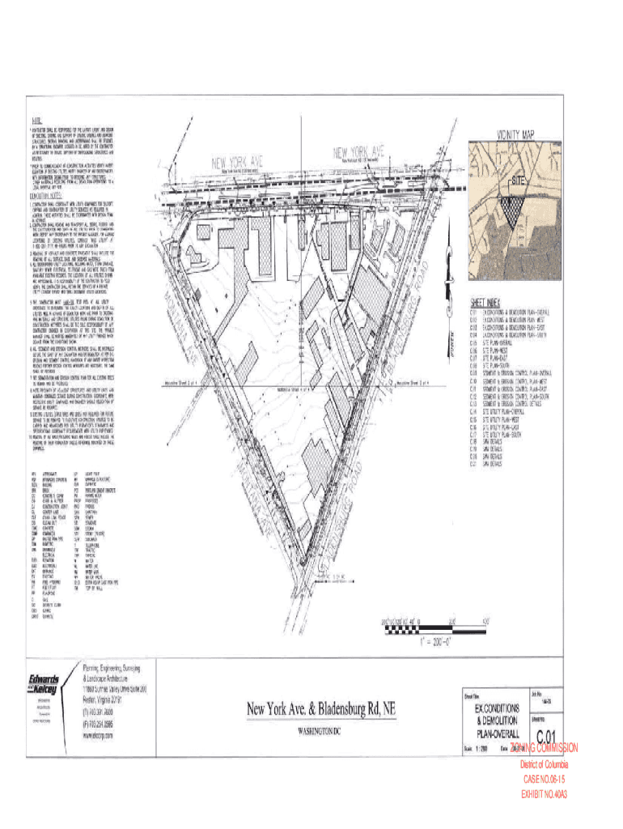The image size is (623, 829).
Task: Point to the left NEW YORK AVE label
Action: click(240, 162)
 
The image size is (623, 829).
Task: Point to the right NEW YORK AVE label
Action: click(356, 151)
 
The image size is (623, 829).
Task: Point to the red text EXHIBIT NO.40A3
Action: click(544, 794)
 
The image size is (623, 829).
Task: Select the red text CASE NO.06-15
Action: click(544, 780)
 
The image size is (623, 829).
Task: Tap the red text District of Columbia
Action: click(544, 764)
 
